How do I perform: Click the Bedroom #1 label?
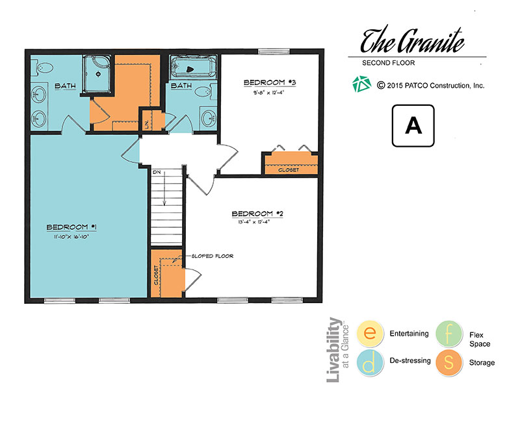point(71,227)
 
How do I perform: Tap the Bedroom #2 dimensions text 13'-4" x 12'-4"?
point(253,222)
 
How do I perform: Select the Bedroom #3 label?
point(270,82)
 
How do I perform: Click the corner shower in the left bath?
point(97,74)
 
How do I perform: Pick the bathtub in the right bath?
point(192,68)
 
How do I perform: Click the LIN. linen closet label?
point(147,124)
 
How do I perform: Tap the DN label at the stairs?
point(157,173)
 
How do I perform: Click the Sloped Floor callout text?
point(213,256)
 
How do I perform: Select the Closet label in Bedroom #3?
point(289,170)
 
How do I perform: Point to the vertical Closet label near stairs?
point(156,275)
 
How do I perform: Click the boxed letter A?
point(413,126)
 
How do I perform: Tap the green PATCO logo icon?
point(361,84)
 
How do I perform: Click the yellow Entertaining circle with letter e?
point(370,333)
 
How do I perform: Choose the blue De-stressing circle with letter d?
point(370,362)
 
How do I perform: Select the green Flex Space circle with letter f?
point(448,334)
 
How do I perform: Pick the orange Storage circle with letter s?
point(448,362)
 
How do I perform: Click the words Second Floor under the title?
point(388,63)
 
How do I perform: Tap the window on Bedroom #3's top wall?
point(274,51)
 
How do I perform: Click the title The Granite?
point(412,40)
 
